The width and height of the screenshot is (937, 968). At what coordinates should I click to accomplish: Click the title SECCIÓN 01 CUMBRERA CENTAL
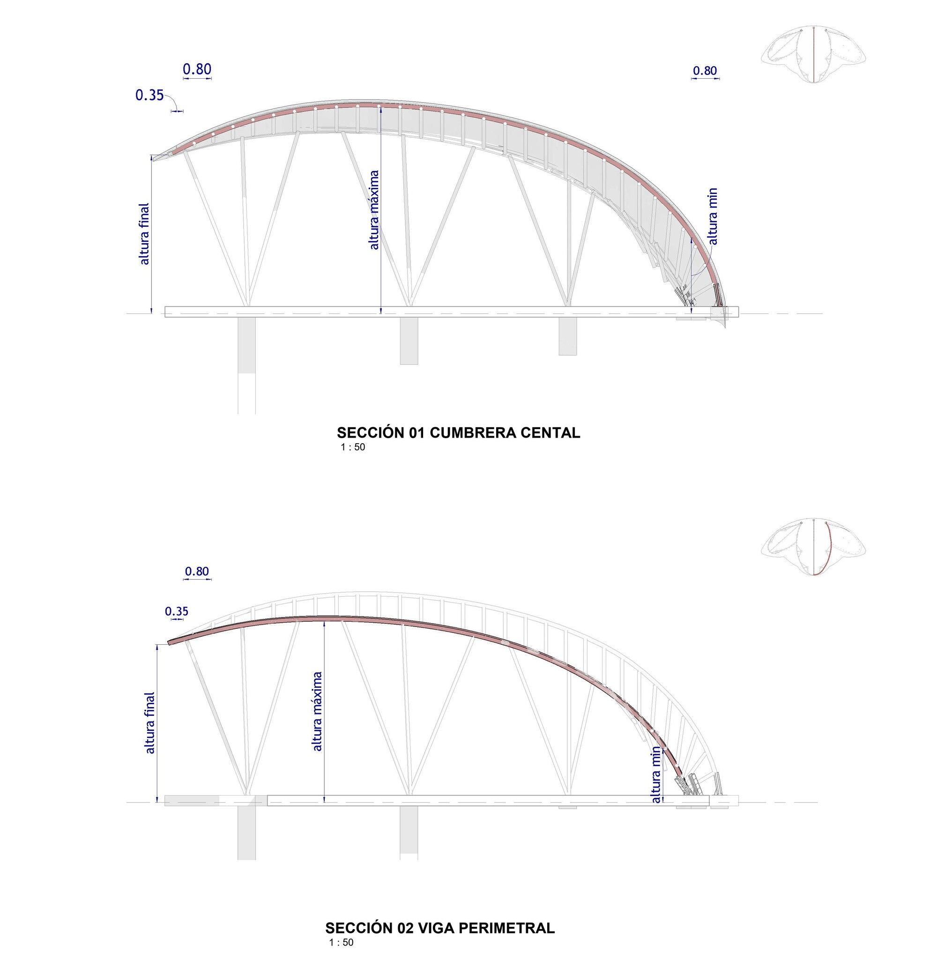tap(458, 433)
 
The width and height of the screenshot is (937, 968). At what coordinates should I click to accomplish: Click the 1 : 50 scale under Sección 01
tap(353, 448)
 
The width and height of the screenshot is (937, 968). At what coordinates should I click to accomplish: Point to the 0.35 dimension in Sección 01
tap(149, 95)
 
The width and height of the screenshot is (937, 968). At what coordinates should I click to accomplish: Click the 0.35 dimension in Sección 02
tap(177, 611)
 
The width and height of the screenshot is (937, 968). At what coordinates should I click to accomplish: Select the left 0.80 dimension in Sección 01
tap(197, 69)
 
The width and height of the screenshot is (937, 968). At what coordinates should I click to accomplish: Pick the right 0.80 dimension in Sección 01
tap(704, 71)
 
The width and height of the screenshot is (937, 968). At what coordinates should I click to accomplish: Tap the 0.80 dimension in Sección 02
tap(197, 572)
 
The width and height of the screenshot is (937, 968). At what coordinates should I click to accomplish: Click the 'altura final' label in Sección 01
tap(144, 234)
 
